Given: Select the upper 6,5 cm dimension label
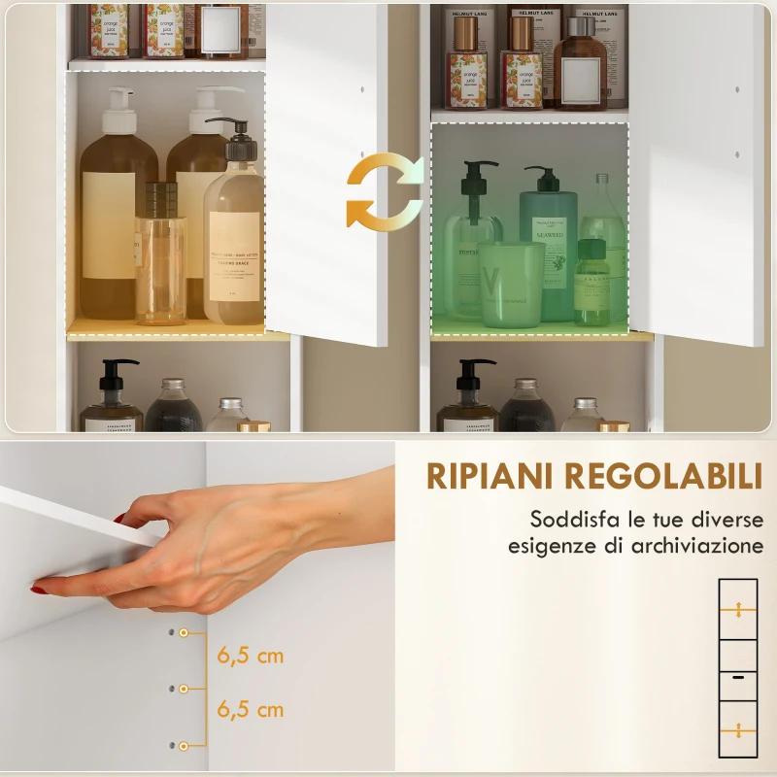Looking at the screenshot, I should [x=251, y=656].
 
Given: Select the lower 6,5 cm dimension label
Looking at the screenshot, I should [x=251, y=709].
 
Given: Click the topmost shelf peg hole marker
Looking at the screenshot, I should [x=183, y=632].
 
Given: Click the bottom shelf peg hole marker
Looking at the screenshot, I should [x=183, y=746].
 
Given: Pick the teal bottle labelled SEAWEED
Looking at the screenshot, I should [x=549, y=243].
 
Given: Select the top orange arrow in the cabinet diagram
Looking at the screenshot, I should [x=738, y=610].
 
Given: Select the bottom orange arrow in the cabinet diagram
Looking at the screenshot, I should [x=738, y=730].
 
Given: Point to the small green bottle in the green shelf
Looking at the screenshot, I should [x=591, y=287].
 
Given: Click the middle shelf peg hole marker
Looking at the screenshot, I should [x=183, y=689].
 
